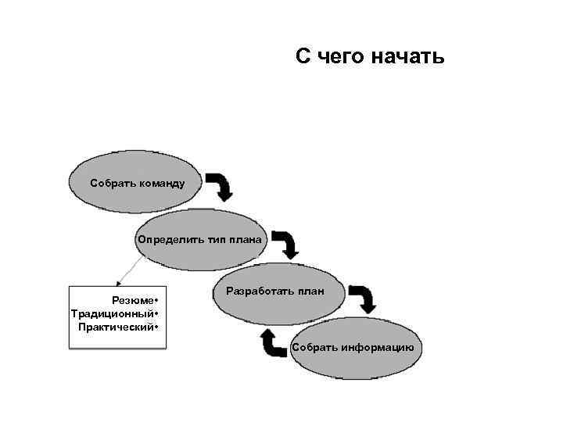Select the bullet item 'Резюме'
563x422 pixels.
point(134,301)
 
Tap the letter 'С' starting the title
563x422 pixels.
point(303,57)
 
